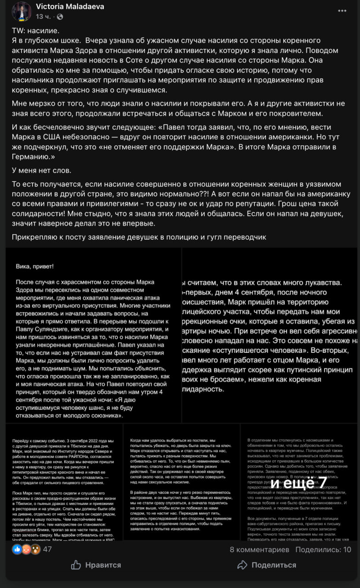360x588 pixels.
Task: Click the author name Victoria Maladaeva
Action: [70, 6]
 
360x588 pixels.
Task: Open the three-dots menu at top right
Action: [342, 11]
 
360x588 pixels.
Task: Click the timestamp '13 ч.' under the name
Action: [44, 17]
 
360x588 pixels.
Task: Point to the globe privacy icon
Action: [60, 17]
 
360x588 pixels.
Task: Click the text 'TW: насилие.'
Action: [35, 30]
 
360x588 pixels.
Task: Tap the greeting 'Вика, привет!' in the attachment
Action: [34, 266]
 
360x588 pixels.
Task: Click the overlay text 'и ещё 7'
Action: [298, 483]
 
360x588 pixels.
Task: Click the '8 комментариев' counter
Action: [259, 549]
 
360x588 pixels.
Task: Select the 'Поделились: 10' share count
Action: [323, 549]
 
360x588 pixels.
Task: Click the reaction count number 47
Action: [47, 549]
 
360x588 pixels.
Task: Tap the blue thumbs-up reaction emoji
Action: [17, 549]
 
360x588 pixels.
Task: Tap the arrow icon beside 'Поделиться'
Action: [242, 565]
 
